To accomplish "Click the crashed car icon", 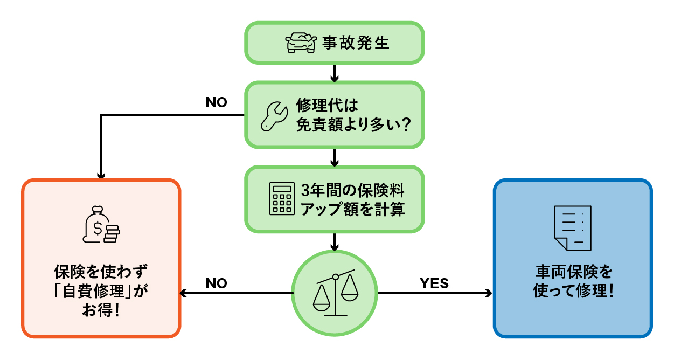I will tap(301, 43).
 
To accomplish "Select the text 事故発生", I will tap(356, 43).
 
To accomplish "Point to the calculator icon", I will tap(282, 199).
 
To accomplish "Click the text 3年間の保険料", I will tap(353, 190).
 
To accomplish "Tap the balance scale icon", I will tap(335, 294).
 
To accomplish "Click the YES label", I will tap(434, 283).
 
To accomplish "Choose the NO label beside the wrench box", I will tap(217, 102).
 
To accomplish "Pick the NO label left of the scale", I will tap(217, 283).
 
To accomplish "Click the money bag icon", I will tap(101, 225).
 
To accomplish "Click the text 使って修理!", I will tap(573, 292).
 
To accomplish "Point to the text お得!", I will tap(101, 311).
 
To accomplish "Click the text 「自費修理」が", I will tap(101, 292).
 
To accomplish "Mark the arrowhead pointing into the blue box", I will tap(489, 294).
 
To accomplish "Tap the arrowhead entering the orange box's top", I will tap(101, 175).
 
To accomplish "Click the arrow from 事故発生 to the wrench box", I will tap(335, 72).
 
